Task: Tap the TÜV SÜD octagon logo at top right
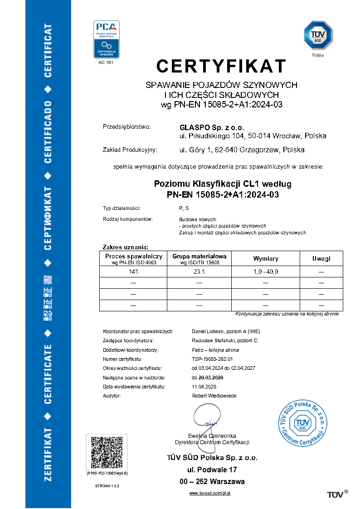tap(318, 35)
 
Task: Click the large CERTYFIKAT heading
tap(221, 66)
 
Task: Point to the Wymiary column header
tap(266, 258)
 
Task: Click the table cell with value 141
tap(133, 271)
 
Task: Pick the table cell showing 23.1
tap(199, 271)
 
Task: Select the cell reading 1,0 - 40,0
tap(266, 271)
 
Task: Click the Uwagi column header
tap(321, 258)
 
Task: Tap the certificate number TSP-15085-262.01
tap(211, 359)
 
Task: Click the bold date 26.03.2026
tap(208, 377)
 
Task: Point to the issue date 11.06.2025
tap(204, 387)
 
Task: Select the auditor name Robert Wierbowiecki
tap(214, 396)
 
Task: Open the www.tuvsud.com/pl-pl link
tap(210, 493)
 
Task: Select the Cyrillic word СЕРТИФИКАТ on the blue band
tap(47, 218)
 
